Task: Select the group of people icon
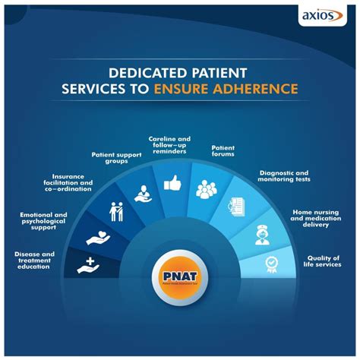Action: [206, 190]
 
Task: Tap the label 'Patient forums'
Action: [222, 150]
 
